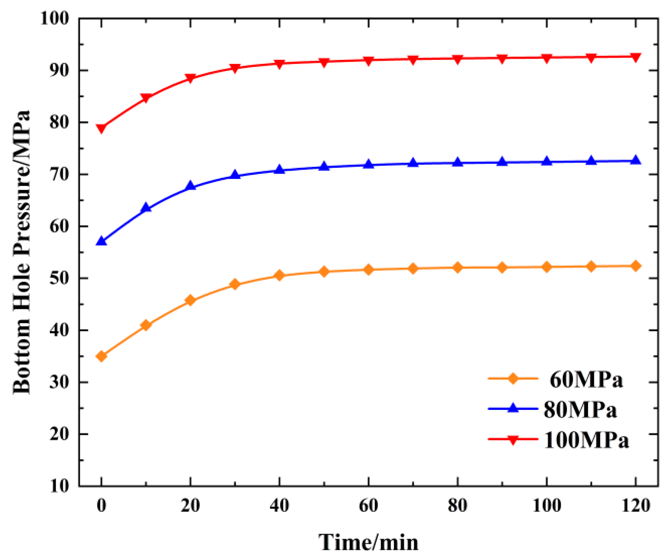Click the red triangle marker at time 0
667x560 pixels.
(101, 128)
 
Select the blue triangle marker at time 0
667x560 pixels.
(101, 241)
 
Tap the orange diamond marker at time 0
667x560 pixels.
(101, 356)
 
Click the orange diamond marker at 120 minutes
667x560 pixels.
(635, 266)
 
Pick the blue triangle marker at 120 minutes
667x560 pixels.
(635, 160)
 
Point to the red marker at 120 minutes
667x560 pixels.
(635, 57)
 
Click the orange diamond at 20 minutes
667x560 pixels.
(190, 300)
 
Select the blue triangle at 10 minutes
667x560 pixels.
(146, 208)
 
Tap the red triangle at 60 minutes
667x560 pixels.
(368, 61)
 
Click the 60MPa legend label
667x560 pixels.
(586, 380)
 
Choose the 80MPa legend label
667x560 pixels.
(580, 410)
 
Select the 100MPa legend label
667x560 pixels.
(586, 440)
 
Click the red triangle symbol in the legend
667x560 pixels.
(513, 439)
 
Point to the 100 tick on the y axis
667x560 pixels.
(55, 18)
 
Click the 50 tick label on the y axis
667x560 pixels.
(59, 278)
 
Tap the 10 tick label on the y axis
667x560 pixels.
(59, 486)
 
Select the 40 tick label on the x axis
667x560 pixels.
(279, 506)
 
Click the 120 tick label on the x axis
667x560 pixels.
(635, 506)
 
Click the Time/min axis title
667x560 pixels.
(368, 542)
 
